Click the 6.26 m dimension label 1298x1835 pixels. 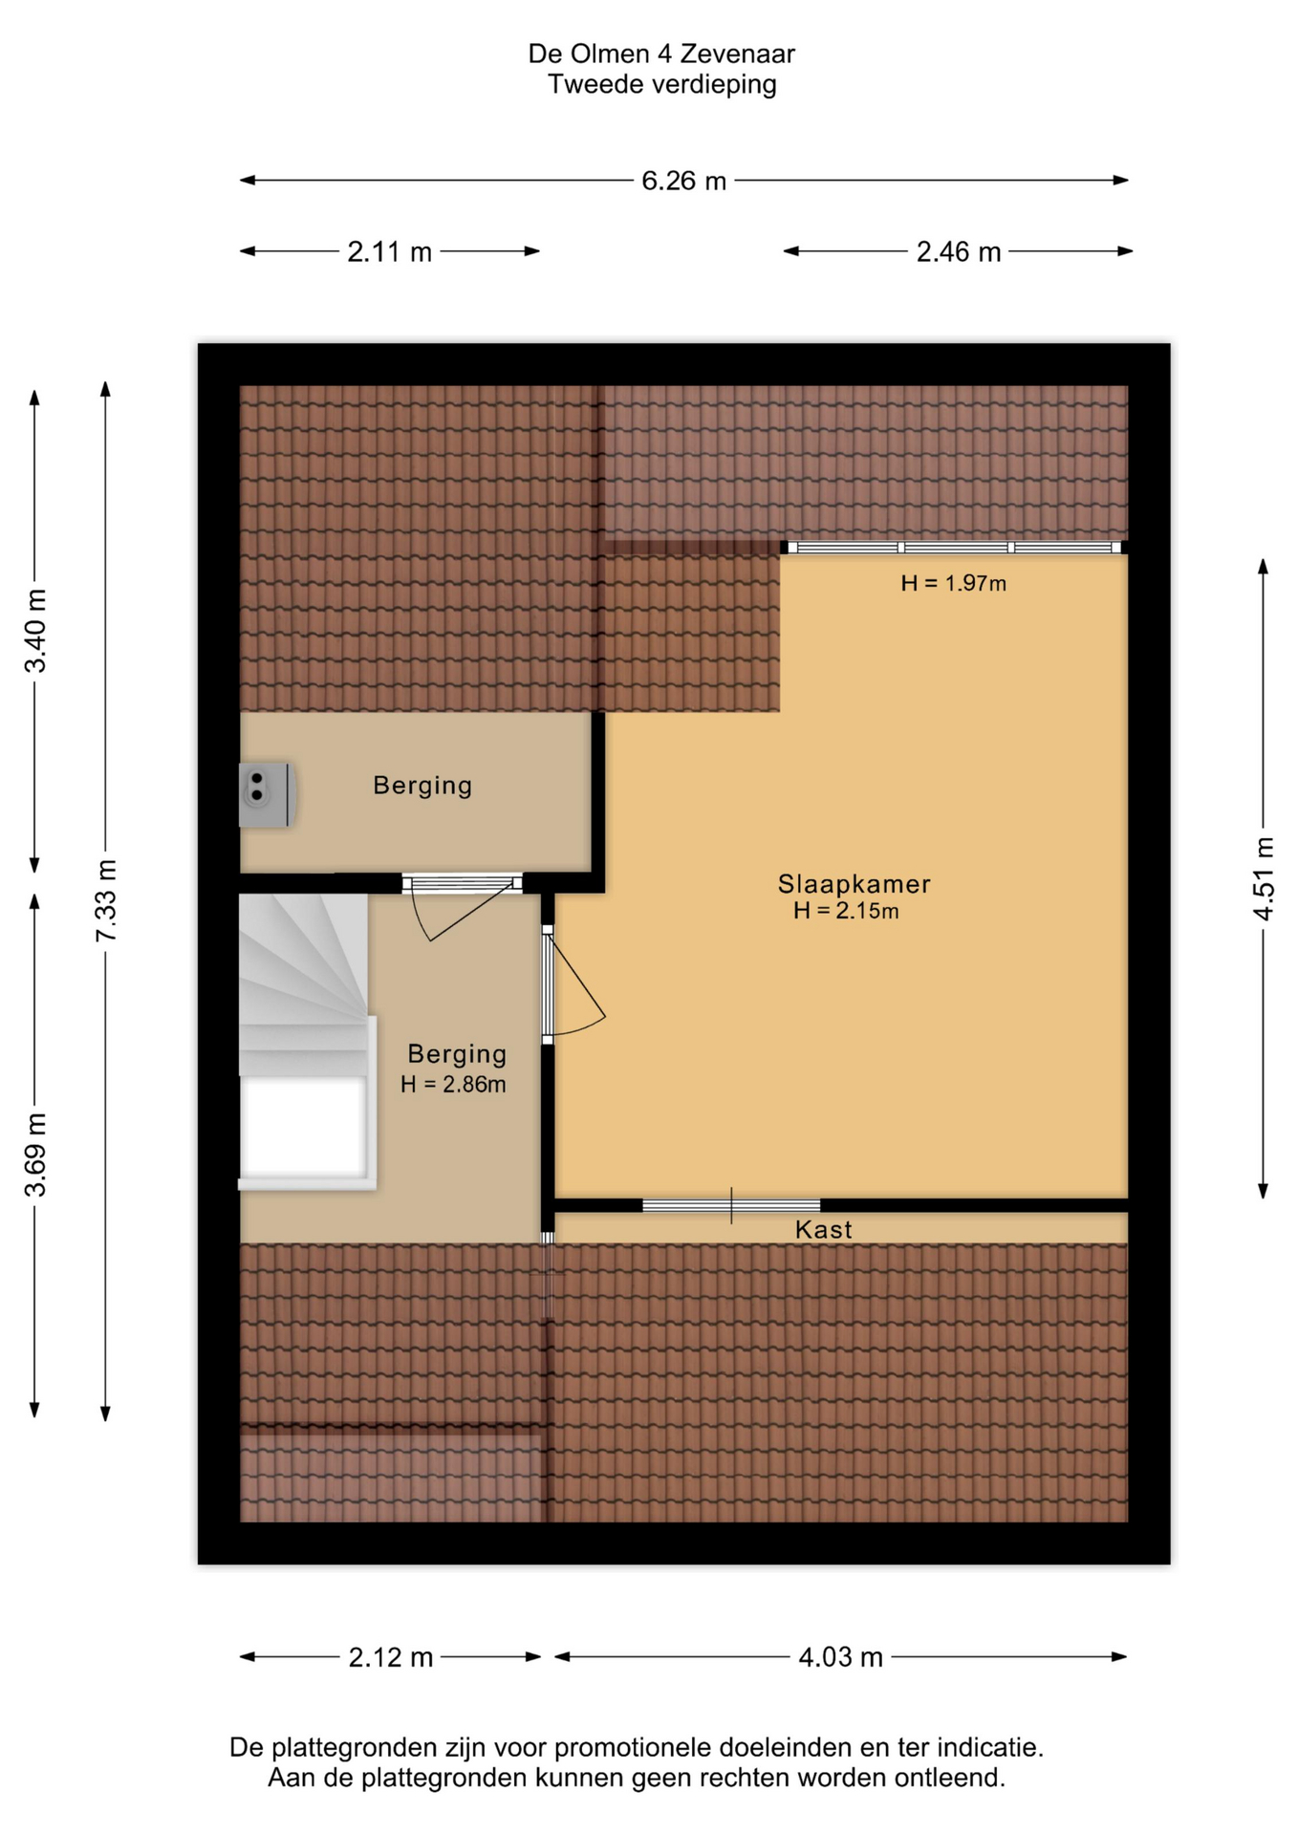[x=683, y=181]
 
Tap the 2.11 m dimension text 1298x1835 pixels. [x=389, y=252]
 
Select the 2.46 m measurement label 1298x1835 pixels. [x=958, y=252]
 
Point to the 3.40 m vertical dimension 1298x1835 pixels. [x=35, y=631]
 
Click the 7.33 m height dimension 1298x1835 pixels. [x=106, y=900]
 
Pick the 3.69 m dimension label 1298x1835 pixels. [x=35, y=1155]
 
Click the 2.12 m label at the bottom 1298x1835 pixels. [x=390, y=1657]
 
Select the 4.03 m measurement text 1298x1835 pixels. [x=840, y=1657]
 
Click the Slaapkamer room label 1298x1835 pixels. [x=854, y=884]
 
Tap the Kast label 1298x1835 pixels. [x=823, y=1230]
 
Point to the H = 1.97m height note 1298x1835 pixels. [x=953, y=583]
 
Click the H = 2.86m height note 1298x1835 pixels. [x=453, y=1085]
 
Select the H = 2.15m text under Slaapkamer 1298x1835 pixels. [x=846, y=911]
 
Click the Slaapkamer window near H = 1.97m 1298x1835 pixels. [x=954, y=548]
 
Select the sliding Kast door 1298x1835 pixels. [x=731, y=1205]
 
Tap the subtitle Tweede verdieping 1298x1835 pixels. [x=661, y=85]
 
